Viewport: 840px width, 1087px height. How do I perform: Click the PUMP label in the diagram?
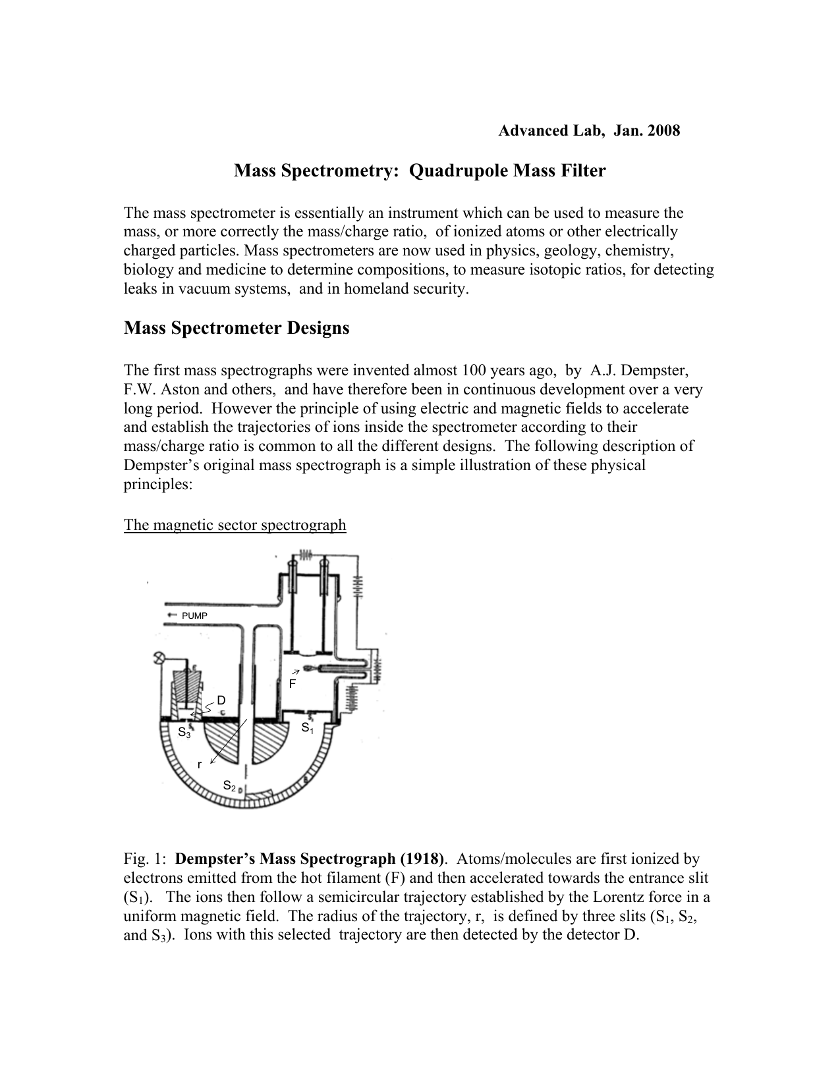click(194, 616)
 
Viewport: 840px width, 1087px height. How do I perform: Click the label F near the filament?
click(293, 684)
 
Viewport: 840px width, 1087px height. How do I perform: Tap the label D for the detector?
click(221, 699)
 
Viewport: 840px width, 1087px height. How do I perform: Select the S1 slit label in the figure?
click(308, 728)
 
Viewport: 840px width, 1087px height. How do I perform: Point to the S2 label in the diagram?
click(229, 785)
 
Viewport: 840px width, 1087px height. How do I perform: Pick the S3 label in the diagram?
click(184, 732)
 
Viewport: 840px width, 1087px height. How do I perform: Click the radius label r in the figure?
click(200, 764)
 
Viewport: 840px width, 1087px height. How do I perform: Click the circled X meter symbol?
click(158, 657)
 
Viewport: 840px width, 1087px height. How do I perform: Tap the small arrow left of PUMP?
click(172, 615)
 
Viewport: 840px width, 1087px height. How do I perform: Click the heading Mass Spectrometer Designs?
click(237, 328)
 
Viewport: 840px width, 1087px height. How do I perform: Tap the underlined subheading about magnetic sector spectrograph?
click(235, 525)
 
